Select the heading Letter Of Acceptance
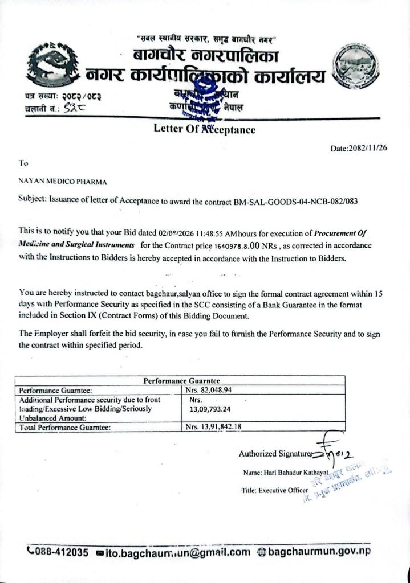click(x=204, y=129)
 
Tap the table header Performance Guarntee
click(x=181, y=381)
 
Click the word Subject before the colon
click(x=32, y=201)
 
